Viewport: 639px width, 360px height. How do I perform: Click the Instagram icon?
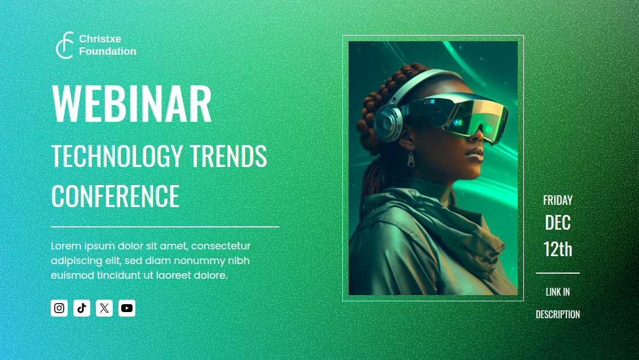tap(59, 308)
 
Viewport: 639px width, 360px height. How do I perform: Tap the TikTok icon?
tap(82, 308)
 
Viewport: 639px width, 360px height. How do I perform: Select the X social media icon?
tap(104, 308)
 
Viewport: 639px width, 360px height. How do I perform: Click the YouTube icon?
tap(127, 308)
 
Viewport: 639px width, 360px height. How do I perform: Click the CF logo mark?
tap(64, 45)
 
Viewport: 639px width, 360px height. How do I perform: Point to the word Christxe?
tap(100, 39)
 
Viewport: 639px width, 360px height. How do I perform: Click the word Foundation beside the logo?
tap(107, 51)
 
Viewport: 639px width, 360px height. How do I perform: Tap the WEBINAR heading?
tap(131, 104)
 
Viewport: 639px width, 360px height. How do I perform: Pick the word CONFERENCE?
tap(115, 196)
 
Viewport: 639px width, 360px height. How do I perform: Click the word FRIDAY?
tap(557, 200)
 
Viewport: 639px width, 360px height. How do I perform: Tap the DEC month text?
tap(557, 223)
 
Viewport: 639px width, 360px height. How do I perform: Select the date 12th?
tap(557, 249)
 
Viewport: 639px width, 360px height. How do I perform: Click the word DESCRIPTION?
tap(557, 315)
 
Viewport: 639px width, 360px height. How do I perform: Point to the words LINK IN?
tap(557, 292)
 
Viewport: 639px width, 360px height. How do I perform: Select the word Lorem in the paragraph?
tap(65, 246)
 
